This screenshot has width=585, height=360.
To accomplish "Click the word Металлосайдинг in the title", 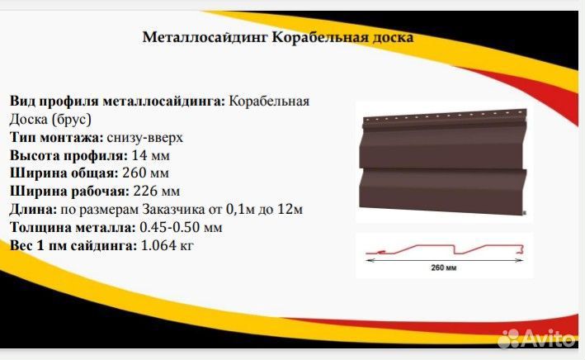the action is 205,38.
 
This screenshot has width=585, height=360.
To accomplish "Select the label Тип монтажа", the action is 56,137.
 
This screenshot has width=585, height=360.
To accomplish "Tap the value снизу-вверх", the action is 144,137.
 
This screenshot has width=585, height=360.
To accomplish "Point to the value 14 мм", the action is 151,155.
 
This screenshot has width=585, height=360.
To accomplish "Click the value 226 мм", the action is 156,192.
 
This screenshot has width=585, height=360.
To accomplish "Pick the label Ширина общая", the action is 64,173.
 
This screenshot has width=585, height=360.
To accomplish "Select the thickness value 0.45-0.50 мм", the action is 181,227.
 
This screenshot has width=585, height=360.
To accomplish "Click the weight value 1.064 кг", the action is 167,245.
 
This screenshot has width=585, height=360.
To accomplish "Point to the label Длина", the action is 33,210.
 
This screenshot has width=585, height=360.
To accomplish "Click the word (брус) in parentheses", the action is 72,120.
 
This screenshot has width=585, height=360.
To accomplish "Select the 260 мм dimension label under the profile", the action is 444,268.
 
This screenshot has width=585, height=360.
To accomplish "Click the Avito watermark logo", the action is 537,338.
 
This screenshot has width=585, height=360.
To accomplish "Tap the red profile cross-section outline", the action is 445,249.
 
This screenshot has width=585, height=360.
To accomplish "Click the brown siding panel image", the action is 443,162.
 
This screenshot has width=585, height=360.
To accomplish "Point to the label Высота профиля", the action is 68,155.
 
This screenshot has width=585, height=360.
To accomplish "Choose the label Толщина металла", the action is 73,227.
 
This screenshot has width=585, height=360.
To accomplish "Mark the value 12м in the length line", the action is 290,210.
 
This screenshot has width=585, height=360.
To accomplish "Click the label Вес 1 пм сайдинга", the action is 73,245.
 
